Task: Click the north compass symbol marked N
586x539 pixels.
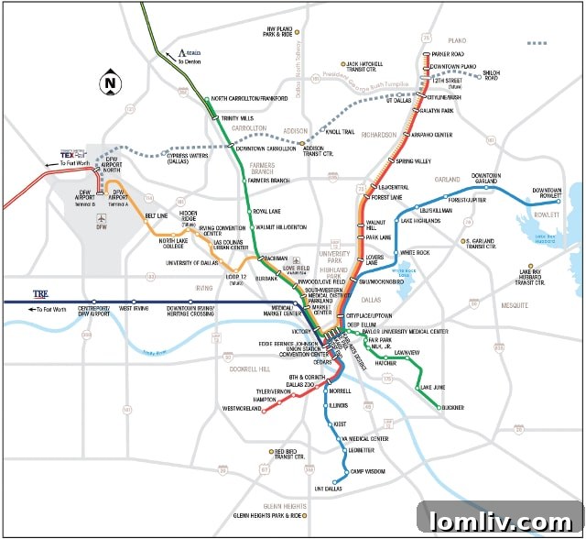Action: pyautogui.click(x=111, y=82)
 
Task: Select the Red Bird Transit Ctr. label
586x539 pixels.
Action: pyautogui.click(x=290, y=454)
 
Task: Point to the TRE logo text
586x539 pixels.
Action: pyautogui.click(x=40, y=294)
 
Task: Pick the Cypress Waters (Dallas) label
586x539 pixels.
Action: pyautogui.click(x=183, y=158)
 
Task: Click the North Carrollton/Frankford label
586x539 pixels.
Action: pyautogui.click(x=255, y=98)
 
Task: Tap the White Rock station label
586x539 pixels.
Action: pyautogui.click(x=415, y=252)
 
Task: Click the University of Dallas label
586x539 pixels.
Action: pyautogui.click(x=196, y=263)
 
